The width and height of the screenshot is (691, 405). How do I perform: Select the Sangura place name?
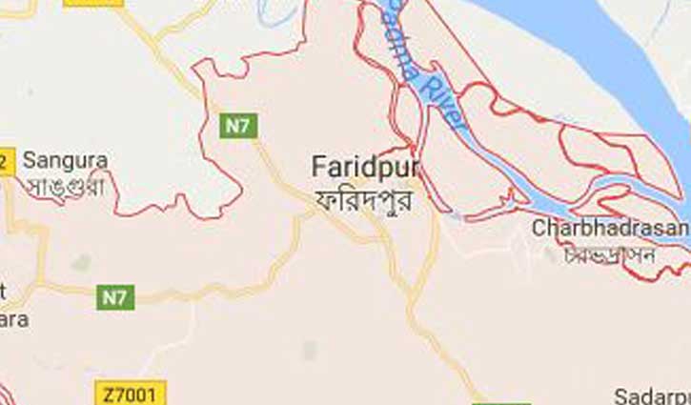(65, 160)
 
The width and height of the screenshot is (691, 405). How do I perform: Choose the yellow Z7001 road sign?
(131, 392)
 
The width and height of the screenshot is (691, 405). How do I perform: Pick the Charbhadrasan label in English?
(610, 228)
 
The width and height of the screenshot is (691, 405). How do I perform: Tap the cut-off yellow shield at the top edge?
(93, 3)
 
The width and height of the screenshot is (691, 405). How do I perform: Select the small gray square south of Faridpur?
(309, 351)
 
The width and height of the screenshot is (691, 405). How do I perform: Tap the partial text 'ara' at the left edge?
(13, 320)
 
